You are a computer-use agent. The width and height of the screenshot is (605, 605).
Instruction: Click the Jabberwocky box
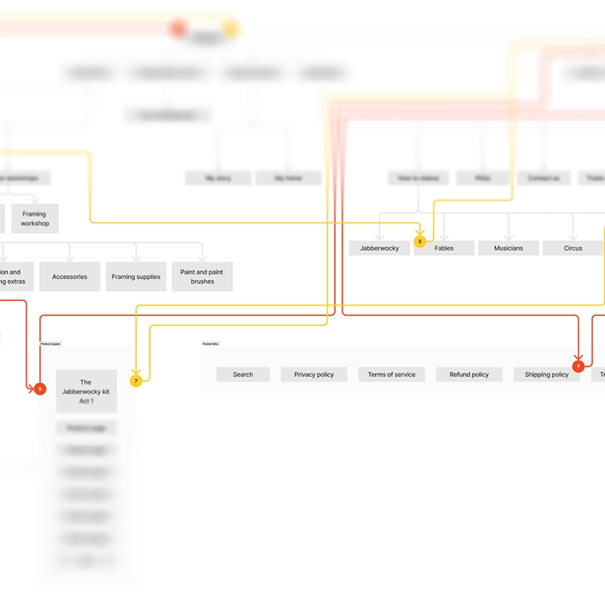[x=379, y=248]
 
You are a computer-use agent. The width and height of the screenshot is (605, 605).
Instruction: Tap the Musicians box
[x=508, y=248]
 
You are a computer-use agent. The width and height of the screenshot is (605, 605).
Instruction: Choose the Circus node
[x=573, y=248]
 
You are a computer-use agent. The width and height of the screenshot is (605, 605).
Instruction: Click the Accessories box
[x=70, y=277]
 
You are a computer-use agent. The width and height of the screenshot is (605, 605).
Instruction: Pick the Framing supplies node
[x=136, y=277]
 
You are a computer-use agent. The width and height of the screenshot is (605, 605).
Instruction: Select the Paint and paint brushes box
[x=202, y=277]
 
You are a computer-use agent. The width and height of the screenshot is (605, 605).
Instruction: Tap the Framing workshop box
[x=35, y=219]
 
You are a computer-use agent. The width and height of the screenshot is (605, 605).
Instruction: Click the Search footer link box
[x=243, y=374]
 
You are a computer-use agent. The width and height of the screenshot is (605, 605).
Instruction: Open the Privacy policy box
[x=314, y=374]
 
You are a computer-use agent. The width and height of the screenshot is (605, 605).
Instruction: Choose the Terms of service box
[x=392, y=374]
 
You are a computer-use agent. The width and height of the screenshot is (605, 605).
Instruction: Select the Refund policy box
[x=469, y=374]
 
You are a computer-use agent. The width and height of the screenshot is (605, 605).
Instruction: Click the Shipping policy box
[x=546, y=374]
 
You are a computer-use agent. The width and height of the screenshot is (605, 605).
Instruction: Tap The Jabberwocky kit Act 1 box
[x=86, y=391]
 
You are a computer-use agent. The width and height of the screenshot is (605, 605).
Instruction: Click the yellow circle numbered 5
[x=420, y=242]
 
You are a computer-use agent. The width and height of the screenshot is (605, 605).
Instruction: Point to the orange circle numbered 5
[x=40, y=389]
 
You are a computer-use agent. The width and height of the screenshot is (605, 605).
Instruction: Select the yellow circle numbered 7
[x=136, y=381]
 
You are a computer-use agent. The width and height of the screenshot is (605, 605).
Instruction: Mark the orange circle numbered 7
[x=579, y=367]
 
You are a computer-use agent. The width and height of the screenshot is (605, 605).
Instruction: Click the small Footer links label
[x=210, y=344]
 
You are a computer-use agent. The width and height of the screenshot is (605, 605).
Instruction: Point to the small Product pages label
[x=51, y=344]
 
